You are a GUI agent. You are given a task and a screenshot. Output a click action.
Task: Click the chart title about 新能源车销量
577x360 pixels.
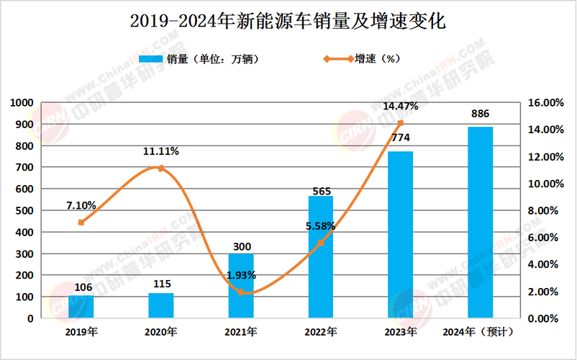pos(288,22)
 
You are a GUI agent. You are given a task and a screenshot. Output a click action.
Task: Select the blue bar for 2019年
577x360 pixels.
pos(81,307)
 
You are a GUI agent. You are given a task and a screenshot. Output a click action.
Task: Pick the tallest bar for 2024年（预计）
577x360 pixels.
pos(480,223)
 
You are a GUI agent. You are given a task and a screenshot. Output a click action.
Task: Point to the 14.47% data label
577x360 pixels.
pos(401,107)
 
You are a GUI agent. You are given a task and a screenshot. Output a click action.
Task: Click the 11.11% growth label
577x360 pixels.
pos(161,152)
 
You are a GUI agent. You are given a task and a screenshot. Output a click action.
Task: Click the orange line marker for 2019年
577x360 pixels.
pos(81,222)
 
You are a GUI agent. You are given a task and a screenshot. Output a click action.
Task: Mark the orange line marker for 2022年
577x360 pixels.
pos(321,243)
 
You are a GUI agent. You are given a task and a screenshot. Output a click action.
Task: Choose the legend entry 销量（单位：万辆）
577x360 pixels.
pos(199,59)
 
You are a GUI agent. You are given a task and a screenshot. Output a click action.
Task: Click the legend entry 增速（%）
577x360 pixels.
pos(364,59)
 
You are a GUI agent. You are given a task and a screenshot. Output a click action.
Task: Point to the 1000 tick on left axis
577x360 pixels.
pos(24,103)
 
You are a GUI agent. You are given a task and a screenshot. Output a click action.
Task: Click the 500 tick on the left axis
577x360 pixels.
pos(27,211)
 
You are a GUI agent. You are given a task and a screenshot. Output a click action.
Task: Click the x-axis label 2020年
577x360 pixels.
pos(161,332)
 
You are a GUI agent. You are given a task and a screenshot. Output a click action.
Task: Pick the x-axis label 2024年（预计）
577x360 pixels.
pos(480,332)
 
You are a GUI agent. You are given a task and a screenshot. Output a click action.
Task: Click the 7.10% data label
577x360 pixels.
pos(81,205)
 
